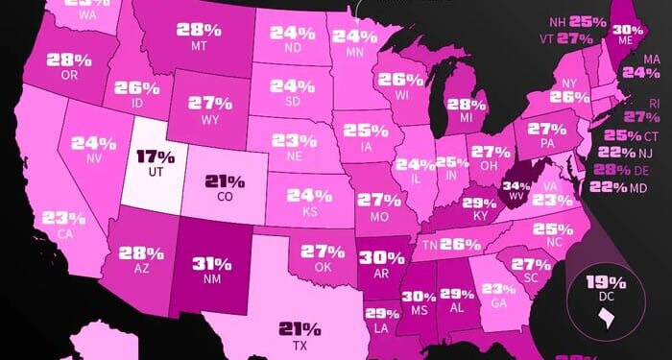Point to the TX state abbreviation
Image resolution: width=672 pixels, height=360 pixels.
tap(300, 343)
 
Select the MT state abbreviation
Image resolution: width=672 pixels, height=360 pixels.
tap(200, 44)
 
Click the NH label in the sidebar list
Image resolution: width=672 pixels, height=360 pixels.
tap(557, 21)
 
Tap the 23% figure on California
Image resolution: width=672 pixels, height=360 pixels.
tap(60, 217)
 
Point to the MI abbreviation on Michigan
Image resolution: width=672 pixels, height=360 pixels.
tap(467, 117)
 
